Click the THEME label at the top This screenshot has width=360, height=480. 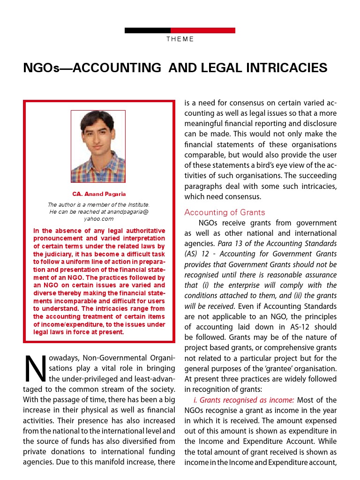180,39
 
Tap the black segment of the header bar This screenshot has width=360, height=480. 147,30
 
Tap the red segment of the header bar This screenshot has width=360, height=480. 202,30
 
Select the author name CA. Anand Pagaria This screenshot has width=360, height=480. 99,194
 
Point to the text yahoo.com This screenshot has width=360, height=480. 99,219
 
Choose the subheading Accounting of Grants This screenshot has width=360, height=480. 225,212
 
